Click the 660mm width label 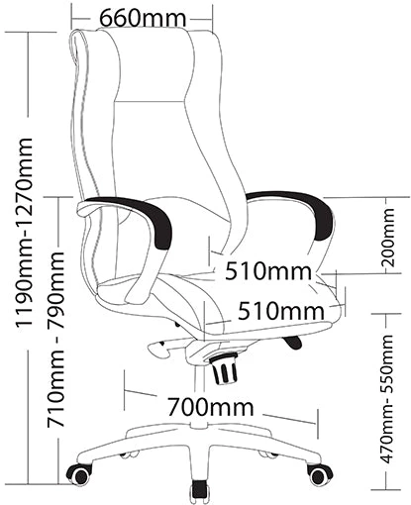[x=143, y=18]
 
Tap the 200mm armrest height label [x=387, y=238]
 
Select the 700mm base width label [x=211, y=407]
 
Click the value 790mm [x=55, y=289]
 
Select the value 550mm [x=387, y=366]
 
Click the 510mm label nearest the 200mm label [x=268, y=271]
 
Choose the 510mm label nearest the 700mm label [x=281, y=311]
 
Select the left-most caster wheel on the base [x=79, y=474]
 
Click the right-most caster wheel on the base [x=319, y=474]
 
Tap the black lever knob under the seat [x=293, y=342]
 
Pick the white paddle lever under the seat [x=160, y=350]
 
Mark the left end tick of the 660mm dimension [x=71, y=17]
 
